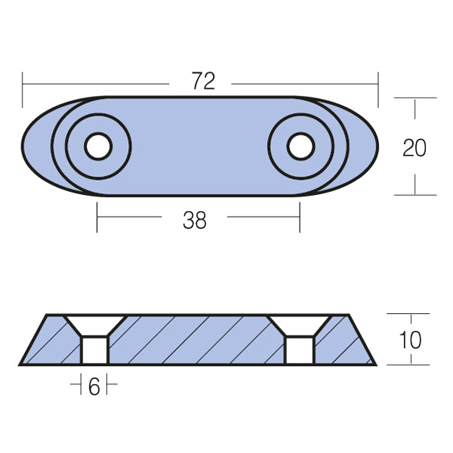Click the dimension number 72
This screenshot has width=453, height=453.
click(203, 82)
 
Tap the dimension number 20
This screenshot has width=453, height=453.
click(414, 147)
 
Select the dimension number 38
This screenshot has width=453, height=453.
click(195, 220)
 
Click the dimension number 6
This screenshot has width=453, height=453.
click(94, 387)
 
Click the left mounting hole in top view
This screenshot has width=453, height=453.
click(97, 146)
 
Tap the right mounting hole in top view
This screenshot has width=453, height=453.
click(301, 146)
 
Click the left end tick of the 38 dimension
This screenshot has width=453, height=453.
click(97, 217)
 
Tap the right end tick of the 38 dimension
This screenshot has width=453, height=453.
click(300, 217)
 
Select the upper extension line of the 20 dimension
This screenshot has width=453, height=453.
click(414, 97)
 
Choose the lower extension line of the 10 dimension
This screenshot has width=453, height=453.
click(408, 365)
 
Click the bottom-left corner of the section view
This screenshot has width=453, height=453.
click(21, 365)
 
